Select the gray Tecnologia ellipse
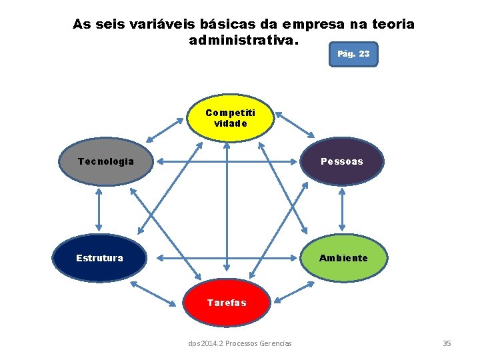pos(105,161)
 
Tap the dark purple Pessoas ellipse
pos(342,161)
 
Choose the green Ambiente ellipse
pos(343,257)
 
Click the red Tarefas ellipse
pos(227,302)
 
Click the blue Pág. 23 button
pos(353,54)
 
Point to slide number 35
pos(447,343)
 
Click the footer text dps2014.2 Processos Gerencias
pos(240,343)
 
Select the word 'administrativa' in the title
pos(243,40)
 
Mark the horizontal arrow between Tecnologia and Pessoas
pos(227,161)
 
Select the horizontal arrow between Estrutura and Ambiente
pos(227,257)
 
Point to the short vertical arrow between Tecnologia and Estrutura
pos(99,209)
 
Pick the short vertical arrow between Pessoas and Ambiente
pos(342,209)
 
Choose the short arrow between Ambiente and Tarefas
pos(293,293)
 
